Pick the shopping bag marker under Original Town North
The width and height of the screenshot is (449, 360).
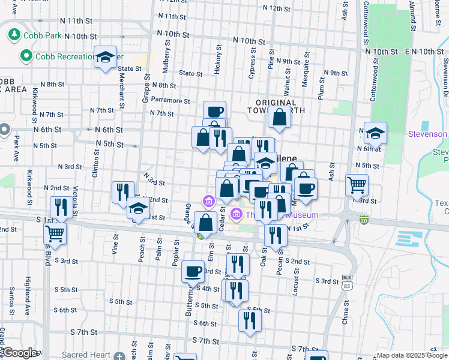280,117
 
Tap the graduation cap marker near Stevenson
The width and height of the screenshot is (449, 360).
375,133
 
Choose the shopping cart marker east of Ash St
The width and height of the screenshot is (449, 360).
357,185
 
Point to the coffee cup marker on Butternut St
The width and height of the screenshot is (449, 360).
193,271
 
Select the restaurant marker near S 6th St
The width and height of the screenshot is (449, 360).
250,320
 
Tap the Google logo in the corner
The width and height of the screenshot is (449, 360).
20,353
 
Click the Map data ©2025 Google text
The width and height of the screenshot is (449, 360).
411,355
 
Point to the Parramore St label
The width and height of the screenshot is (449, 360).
170,101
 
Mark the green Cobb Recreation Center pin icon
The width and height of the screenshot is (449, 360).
26,56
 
